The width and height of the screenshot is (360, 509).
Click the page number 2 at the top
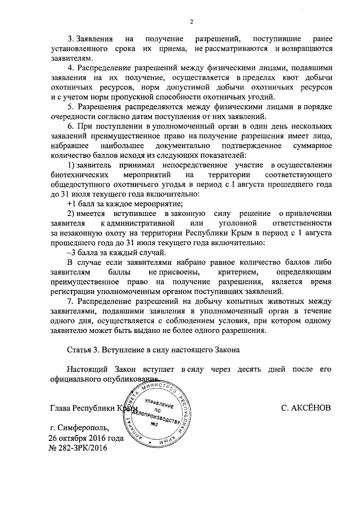191,22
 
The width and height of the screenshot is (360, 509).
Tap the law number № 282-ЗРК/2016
78,448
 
